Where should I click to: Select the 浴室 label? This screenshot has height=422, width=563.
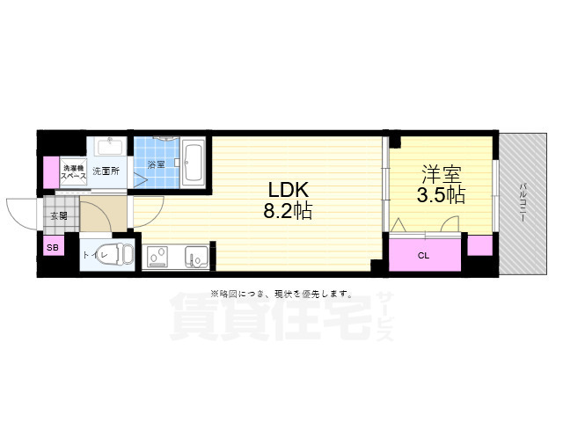tap(157, 164)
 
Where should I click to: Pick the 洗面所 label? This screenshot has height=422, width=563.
tap(109, 171)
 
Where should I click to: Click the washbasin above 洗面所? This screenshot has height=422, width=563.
tap(110, 146)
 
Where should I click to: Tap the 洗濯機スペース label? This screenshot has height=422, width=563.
tap(72, 172)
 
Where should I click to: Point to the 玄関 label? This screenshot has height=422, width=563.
tap(59, 215)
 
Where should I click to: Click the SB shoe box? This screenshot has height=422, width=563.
tap(52, 249)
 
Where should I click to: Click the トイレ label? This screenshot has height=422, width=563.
tap(95, 255)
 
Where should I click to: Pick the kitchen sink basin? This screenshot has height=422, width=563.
tap(195, 257)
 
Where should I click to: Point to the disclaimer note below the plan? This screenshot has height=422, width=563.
tap(281, 294)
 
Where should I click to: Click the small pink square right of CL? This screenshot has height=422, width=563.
tap(480, 246)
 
